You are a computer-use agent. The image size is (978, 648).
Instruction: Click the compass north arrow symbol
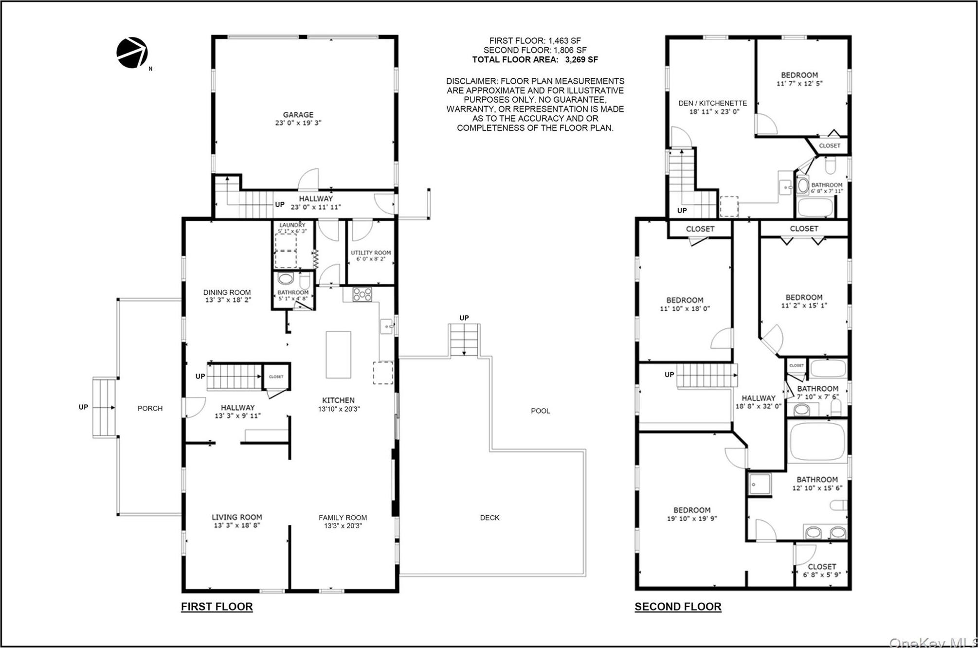click(x=132, y=53)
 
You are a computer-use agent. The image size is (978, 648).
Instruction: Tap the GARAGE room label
click(x=298, y=115)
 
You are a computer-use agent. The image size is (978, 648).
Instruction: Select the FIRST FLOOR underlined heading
click(x=217, y=607)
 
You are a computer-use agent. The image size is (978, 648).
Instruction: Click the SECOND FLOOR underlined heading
click(x=677, y=607)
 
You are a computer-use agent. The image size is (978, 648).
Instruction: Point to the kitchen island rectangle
click(x=338, y=355)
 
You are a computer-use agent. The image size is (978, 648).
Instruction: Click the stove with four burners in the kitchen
click(x=362, y=294)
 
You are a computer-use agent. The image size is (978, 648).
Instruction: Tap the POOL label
click(x=540, y=411)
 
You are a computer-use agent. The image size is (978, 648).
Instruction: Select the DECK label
click(x=489, y=518)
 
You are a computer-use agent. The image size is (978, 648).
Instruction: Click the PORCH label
click(x=150, y=408)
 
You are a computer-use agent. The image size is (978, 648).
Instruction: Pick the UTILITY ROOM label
click(x=371, y=252)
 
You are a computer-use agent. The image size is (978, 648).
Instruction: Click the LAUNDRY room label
click(x=292, y=225)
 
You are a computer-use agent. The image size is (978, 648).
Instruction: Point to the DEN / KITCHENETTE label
click(x=712, y=103)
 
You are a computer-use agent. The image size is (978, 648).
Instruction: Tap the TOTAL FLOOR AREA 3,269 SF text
click(x=535, y=60)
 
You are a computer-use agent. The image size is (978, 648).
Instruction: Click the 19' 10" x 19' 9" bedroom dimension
click(x=691, y=519)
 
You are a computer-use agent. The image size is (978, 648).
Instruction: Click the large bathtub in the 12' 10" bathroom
click(x=817, y=441)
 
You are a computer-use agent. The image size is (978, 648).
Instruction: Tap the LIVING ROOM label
click(x=236, y=517)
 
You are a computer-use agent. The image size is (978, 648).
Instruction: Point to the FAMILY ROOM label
click(x=343, y=518)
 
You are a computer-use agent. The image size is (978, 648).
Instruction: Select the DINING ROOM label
click(x=227, y=292)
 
